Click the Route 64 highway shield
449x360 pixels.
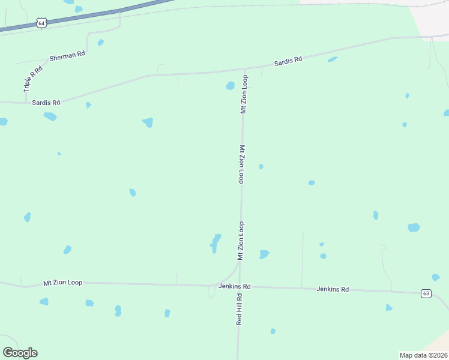pyautogui.click(x=41, y=23)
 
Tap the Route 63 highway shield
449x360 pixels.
pyautogui.click(x=426, y=293)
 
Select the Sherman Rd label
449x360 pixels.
pyautogui.click(x=67, y=55)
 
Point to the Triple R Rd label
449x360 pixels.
pyautogui.click(x=33, y=79)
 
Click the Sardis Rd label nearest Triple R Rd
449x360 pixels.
pyautogui.click(x=46, y=103)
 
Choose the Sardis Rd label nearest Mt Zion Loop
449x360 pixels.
pyautogui.click(x=288, y=61)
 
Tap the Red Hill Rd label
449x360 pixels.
pyautogui.click(x=239, y=309)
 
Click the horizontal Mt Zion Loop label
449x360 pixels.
pyautogui.click(x=62, y=282)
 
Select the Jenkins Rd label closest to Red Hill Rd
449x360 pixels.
pyautogui.click(x=234, y=287)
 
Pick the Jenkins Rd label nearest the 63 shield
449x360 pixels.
pyautogui.click(x=333, y=289)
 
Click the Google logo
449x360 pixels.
pyautogui.click(x=20, y=353)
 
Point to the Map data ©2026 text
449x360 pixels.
pyautogui.click(x=423, y=355)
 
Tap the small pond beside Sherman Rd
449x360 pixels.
pyautogui.click(x=100, y=43)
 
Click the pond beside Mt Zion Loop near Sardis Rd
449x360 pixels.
pyautogui.click(x=230, y=86)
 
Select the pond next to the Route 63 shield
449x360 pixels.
pyautogui.click(x=436, y=277)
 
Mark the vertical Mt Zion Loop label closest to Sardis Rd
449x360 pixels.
pyautogui.click(x=244, y=94)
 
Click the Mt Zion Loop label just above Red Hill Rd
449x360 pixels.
pyautogui.click(x=241, y=241)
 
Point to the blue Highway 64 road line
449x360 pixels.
pyautogui.click(x=90, y=16)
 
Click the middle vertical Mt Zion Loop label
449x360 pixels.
pyautogui.click(x=243, y=164)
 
